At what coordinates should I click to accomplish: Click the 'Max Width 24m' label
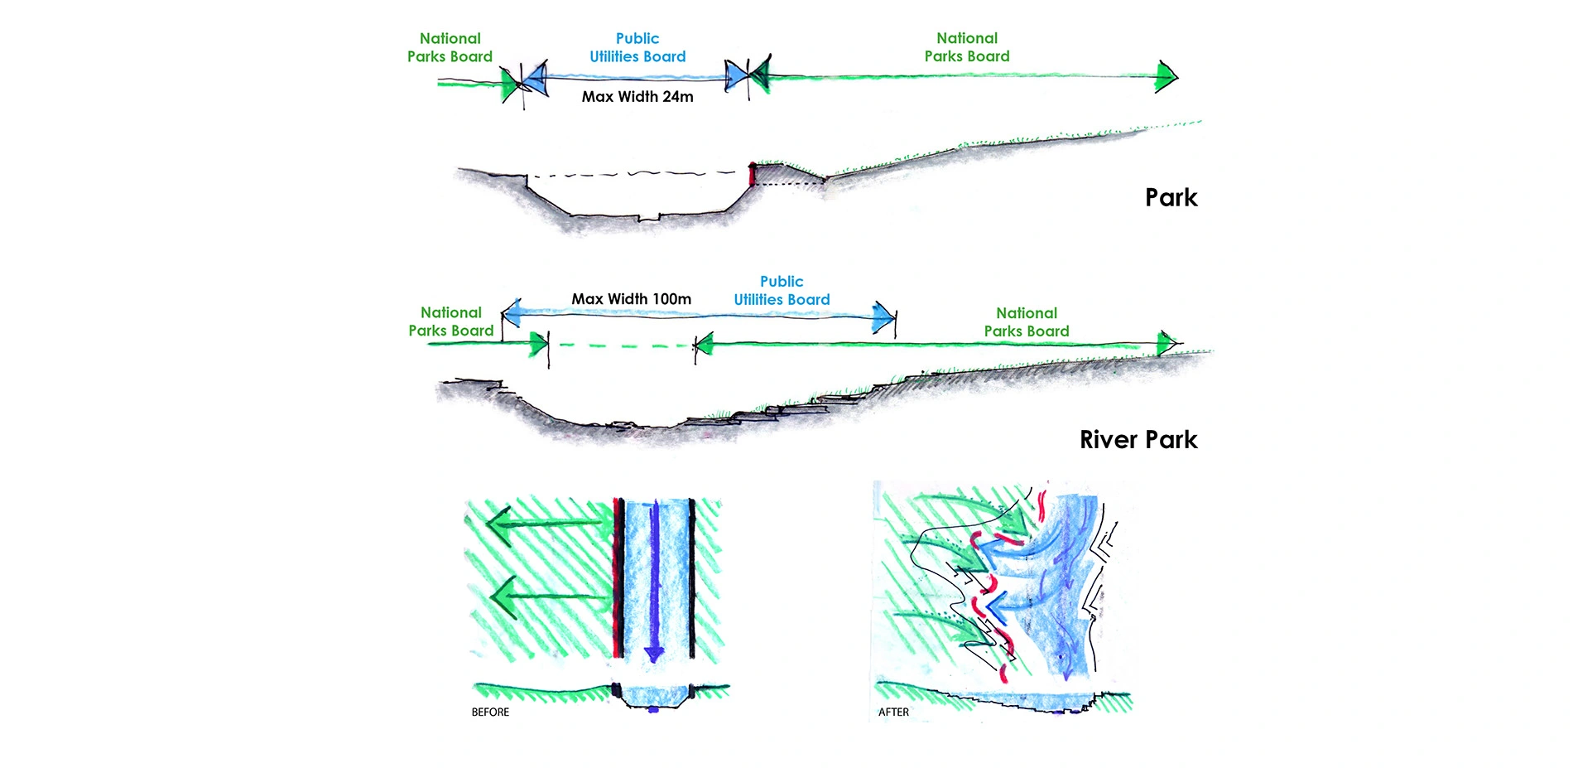[x=637, y=97]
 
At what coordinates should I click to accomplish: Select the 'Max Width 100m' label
[x=631, y=299]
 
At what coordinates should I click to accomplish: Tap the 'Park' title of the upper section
[x=1171, y=198]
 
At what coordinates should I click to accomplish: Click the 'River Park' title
[x=1138, y=440]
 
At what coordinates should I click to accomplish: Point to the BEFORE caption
[x=490, y=712]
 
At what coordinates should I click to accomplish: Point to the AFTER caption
[x=893, y=712]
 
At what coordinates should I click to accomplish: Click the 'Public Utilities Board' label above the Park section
[x=637, y=48]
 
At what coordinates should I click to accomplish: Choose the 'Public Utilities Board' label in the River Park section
[x=782, y=291]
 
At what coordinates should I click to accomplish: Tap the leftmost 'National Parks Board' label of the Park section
[x=450, y=48]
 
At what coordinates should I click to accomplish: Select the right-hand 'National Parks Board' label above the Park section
[x=967, y=47]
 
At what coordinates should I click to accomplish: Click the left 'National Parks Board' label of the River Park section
[x=451, y=321]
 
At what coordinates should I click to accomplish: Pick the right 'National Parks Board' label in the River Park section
[x=1027, y=322]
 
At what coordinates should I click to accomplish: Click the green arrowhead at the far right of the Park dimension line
[x=1167, y=76]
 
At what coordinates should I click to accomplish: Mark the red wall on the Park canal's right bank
[x=752, y=174]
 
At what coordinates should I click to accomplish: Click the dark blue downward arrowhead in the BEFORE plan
[x=654, y=653]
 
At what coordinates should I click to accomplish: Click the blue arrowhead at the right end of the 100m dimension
[x=883, y=316]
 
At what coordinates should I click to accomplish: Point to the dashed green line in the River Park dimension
[x=621, y=345]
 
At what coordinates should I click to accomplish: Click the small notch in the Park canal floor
[x=648, y=219]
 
